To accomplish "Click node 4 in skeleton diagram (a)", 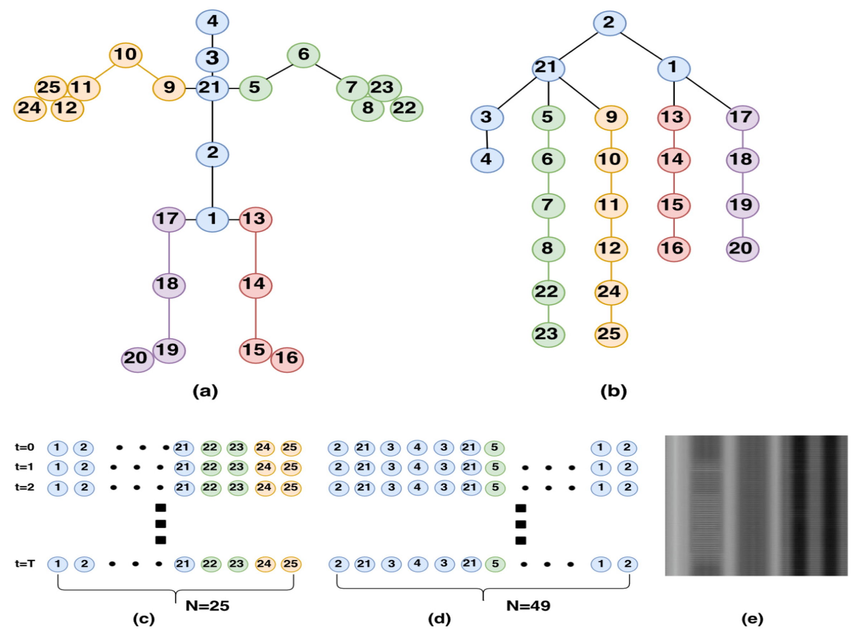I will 212,22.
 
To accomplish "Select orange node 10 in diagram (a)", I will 126,55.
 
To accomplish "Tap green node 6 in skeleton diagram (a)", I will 303,55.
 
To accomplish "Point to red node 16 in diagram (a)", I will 287,359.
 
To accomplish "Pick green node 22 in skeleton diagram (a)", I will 406,109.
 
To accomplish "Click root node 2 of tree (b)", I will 609,23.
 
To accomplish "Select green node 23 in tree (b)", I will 548,334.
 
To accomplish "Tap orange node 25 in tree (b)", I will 611,334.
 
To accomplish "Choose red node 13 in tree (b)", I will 674,118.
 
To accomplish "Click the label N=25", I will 207,606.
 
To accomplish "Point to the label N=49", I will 528,606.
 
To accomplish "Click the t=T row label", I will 25,564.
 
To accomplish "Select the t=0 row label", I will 25,447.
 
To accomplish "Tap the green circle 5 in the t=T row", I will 495,564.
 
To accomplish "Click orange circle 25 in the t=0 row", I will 291,448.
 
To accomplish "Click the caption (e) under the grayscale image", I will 752,619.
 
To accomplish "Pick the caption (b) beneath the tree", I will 613,391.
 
